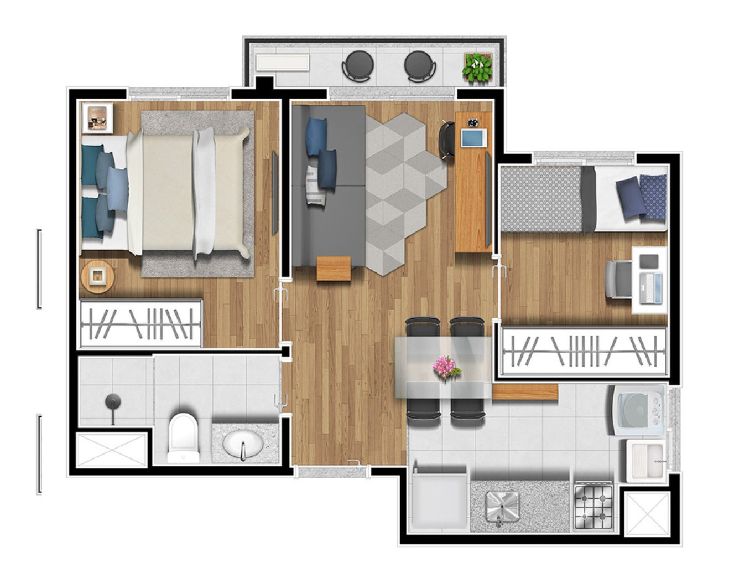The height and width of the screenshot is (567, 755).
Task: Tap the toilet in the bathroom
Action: (183, 437)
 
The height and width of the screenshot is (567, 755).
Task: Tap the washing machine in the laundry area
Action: (638, 410)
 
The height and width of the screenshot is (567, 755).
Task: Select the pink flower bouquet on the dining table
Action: (446, 367)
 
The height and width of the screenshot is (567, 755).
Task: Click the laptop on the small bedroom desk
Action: (650, 288)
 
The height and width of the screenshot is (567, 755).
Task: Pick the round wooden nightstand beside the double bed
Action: (97, 275)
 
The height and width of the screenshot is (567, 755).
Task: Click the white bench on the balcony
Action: (282, 63)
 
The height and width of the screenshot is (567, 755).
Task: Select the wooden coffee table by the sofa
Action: (334, 268)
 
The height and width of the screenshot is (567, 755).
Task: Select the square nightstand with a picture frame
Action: (98, 118)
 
